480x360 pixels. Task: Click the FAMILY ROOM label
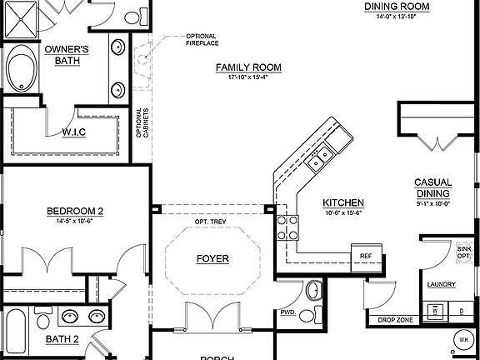(248, 67)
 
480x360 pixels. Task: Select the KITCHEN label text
(343, 202)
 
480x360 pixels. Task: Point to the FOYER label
(212, 259)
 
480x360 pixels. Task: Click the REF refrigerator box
(365, 255)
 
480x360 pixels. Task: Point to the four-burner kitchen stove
(288, 227)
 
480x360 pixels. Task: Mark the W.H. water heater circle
(463, 340)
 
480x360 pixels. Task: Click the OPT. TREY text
(212, 222)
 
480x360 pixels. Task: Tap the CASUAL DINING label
(433, 188)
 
